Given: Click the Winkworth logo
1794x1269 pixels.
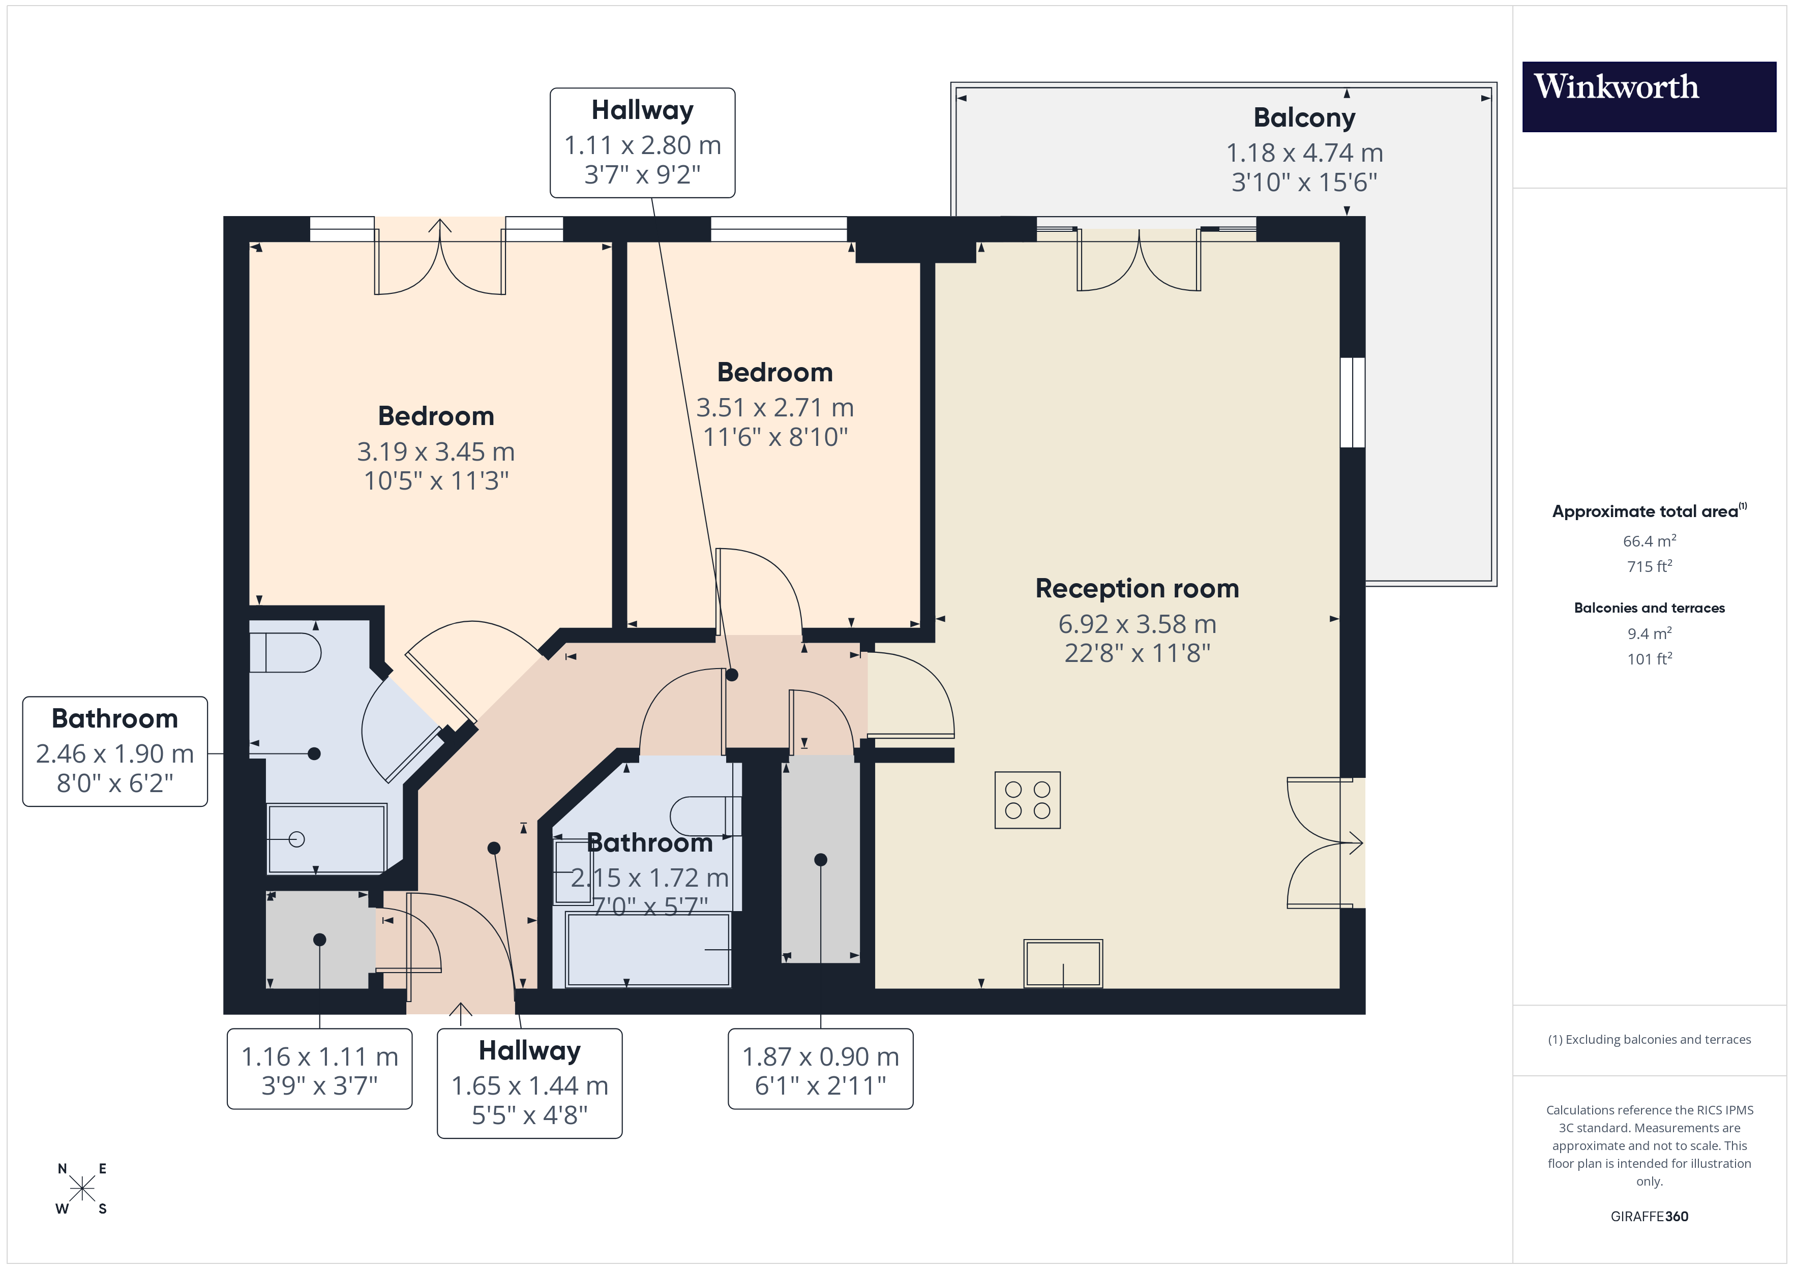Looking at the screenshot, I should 1648,96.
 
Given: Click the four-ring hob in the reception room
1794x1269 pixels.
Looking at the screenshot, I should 1027,800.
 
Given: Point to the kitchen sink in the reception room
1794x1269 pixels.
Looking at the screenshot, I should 1063,963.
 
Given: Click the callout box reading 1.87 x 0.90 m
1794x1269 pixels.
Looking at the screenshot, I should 820,1068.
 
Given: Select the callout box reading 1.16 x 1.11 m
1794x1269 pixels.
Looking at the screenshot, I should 319,1068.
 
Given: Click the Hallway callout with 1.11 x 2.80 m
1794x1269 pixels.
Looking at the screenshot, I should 642,143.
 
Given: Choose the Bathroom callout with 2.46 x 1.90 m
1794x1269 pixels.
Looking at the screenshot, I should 115,751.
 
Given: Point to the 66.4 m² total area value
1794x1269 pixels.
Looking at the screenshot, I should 1649,541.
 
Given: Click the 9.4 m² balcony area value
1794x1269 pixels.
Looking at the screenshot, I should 1649,633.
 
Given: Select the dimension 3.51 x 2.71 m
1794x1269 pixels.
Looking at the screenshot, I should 774,408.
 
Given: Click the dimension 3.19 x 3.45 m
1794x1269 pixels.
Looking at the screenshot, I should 435,451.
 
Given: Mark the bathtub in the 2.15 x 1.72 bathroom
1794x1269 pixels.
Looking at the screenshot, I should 648,949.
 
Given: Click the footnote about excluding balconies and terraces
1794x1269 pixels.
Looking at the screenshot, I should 1649,1039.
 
